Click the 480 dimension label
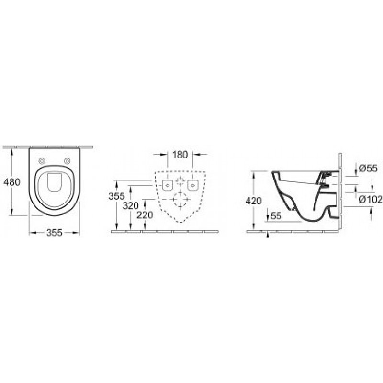tap(12, 182)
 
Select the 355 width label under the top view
tap(55, 233)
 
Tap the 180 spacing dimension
tap(180, 155)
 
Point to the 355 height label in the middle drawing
tap(116, 196)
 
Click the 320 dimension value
tap(131, 206)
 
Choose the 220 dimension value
tap(145, 215)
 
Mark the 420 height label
tap(254, 201)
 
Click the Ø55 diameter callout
tap(369, 169)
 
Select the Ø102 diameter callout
tap(371, 200)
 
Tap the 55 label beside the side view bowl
tap(276, 216)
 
